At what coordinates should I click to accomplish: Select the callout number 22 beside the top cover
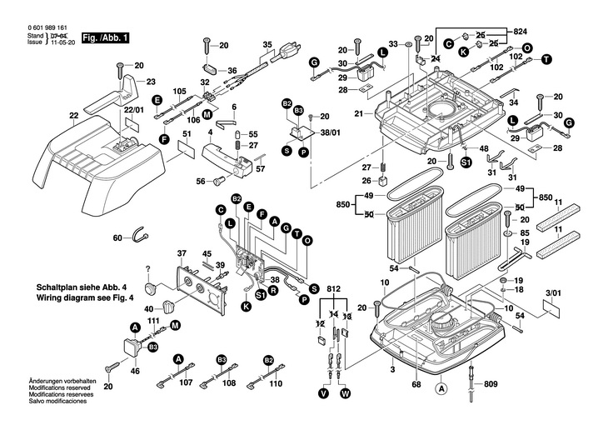tap(74, 115)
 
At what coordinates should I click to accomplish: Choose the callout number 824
tap(521, 27)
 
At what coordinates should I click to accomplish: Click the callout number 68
tap(415, 384)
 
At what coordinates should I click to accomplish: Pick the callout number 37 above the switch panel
tap(181, 253)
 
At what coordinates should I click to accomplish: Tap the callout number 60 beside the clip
tap(117, 237)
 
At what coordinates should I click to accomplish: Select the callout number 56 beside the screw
tap(201, 181)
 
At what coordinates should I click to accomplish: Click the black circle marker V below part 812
tap(324, 392)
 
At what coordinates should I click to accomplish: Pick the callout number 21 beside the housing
tap(359, 113)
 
